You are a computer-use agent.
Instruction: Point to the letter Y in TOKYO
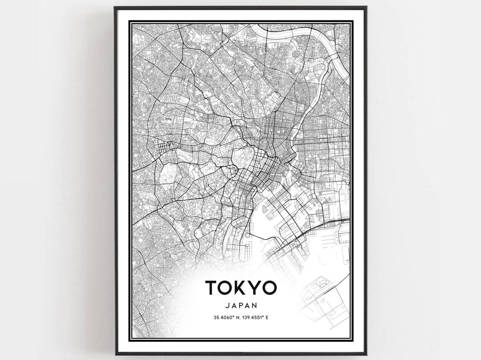pos(254,288)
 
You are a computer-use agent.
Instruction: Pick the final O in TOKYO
pos(269,288)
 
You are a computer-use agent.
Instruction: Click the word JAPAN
pos(240,305)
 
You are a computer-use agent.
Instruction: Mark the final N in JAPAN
pos(255,305)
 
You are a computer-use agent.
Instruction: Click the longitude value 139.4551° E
pos(257,317)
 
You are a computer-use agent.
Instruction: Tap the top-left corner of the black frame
pos(115,8)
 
